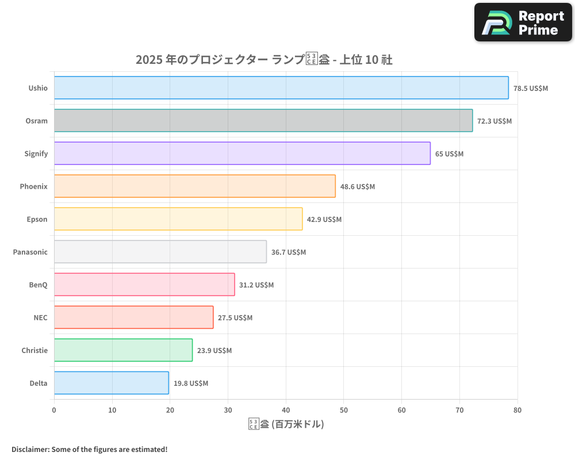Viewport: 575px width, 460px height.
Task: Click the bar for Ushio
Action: [281, 88]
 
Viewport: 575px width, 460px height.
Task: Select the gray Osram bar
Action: [263, 121]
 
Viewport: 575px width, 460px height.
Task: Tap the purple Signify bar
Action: [242, 154]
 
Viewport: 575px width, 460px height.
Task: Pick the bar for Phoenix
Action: [194, 186]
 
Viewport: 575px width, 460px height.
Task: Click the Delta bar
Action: [112, 383]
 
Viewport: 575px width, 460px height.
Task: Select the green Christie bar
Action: [123, 350]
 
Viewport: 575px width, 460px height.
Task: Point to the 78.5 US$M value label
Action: [531, 89]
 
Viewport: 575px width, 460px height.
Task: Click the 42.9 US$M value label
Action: [324, 220]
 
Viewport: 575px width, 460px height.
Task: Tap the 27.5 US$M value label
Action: [235, 318]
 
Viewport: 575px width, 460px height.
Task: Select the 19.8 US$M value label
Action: [191, 384]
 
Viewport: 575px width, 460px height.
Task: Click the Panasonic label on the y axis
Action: [30, 252]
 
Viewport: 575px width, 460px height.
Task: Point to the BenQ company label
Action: [38, 285]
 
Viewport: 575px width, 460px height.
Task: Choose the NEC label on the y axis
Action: [40, 317]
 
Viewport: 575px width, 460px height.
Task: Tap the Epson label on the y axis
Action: [37, 219]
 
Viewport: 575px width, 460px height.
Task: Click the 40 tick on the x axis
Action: [286, 411]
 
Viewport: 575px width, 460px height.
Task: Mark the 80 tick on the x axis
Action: [517, 411]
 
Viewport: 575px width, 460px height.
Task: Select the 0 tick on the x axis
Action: [54, 411]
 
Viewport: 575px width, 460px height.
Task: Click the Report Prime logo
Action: [523, 22]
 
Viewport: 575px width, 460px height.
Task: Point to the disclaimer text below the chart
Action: [89, 449]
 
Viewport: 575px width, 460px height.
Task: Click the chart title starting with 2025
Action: [264, 59]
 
